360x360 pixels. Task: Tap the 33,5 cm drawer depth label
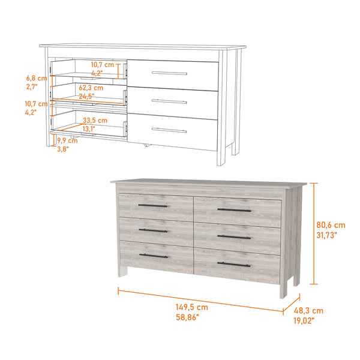(95, 120)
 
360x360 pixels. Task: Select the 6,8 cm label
(36, 78)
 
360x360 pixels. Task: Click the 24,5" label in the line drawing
(88, 96)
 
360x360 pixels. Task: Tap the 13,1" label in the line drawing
(89, 128)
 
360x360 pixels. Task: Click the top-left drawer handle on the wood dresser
(153, 206)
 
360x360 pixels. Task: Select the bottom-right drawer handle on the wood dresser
(233, 263)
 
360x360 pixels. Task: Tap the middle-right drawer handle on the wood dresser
(233, 237)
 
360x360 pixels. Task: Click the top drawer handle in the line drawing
(169, 73)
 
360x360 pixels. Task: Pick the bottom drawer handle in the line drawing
(169, 130)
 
